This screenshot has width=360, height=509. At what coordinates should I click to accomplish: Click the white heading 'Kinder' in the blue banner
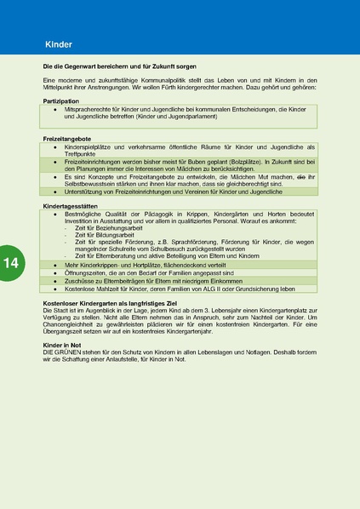[x=59, y=43]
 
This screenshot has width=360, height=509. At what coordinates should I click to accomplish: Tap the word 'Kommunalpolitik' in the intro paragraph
[x=146, y=79]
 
